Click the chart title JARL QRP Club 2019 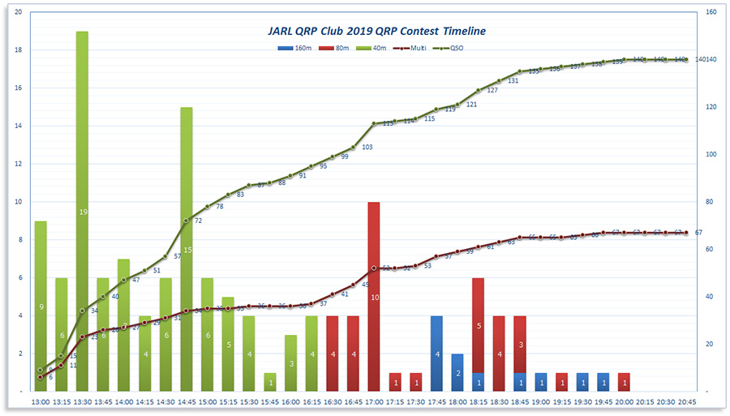tap(376, 31)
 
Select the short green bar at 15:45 tap(270, 382)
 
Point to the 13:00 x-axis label tap(40, 401)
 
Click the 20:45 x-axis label tap(686, 401)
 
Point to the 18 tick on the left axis tap(19, 50)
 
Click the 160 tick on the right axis tap(711, 12)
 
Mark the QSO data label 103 tap(367, 147)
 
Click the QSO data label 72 tap(198, 221)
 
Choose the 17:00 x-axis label tap(374, 401)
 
